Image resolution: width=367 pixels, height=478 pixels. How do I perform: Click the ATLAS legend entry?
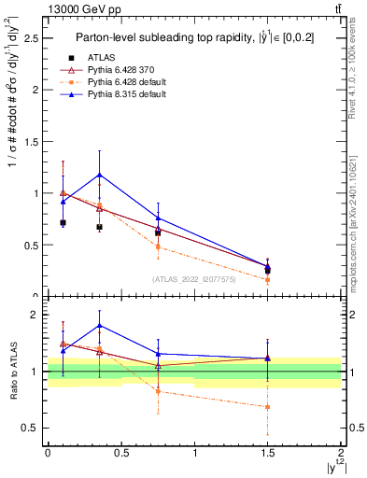tap(100, 58)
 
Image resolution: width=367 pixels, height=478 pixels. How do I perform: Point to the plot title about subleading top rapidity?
tap(194, 37)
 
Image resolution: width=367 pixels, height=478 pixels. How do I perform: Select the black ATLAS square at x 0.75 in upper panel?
tap(158, 232)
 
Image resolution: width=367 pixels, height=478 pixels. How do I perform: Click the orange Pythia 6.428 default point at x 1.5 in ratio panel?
tap(268, 407)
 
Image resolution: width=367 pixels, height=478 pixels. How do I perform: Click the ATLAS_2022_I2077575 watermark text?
tap(194, 278)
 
